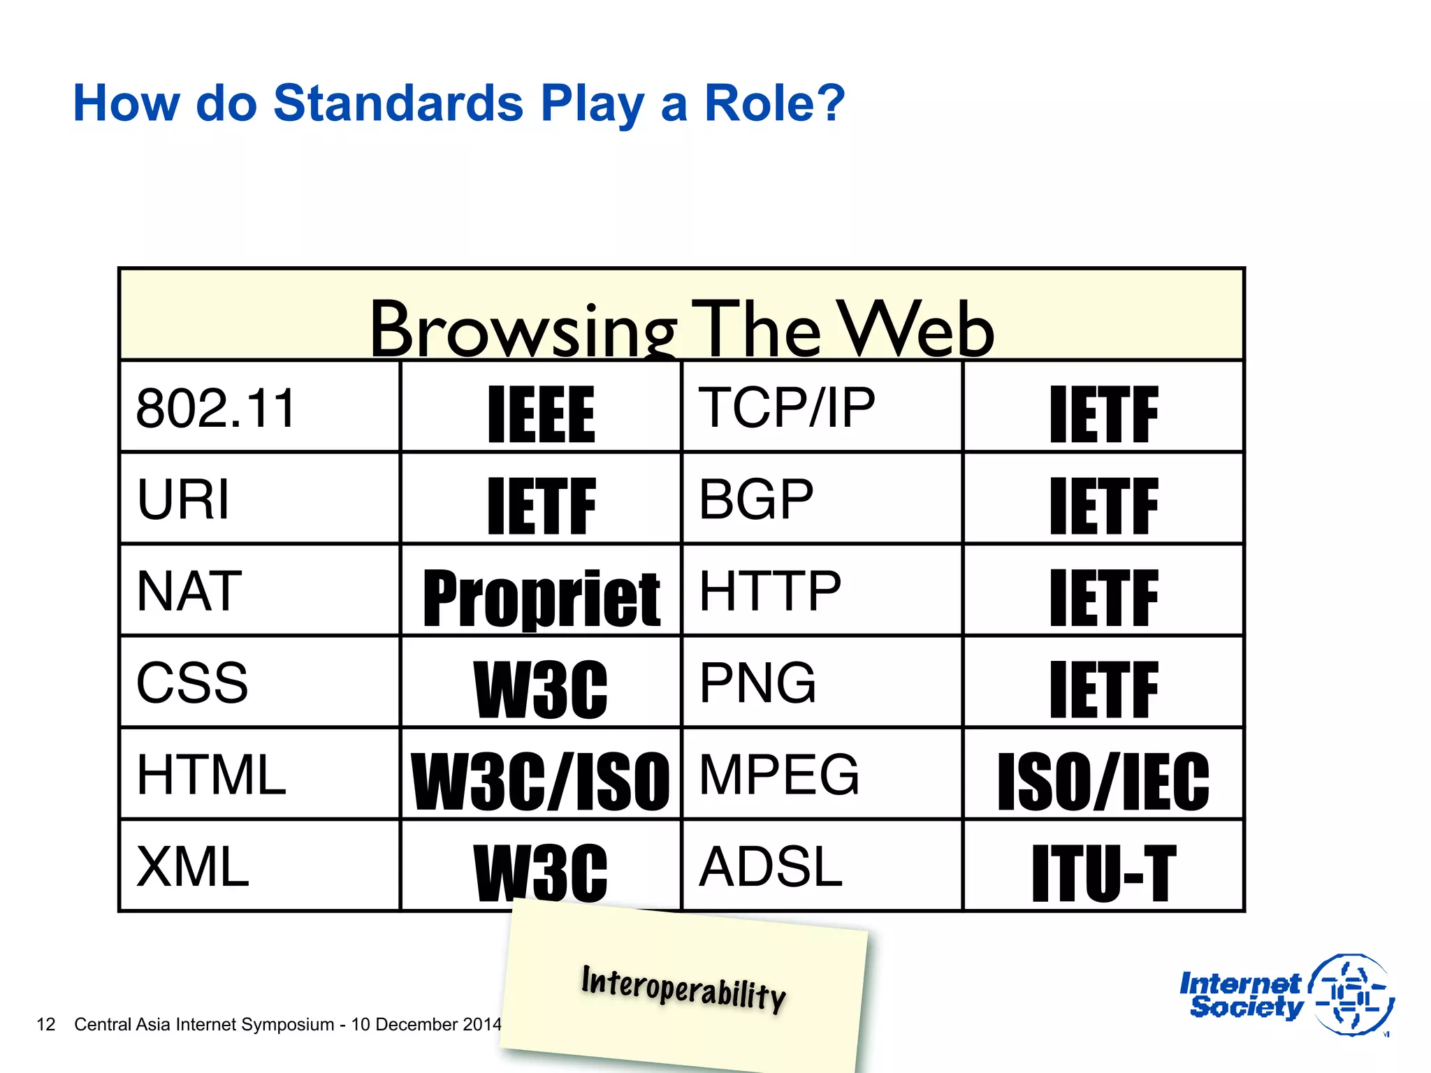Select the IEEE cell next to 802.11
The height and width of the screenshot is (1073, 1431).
click(x=541, y=414)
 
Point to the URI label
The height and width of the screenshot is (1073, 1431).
click(x=183, y=499)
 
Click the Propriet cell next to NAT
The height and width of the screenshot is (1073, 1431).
click(x=541, y=598)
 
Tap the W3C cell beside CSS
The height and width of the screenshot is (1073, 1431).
click(x=541, y=689)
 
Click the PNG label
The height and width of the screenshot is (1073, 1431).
click(x=757, y=683)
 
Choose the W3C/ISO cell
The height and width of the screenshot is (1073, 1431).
click(x=541, y=781)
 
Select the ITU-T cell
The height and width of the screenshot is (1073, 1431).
click(x=1104, y=873)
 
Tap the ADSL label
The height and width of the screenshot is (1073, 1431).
click(x=770, y=866)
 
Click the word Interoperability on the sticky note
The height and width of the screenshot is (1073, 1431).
click(x=683, y=988)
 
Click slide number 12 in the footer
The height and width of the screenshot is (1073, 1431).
click(x=45, y=1024)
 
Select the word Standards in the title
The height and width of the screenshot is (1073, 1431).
click(x=398, y=103)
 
